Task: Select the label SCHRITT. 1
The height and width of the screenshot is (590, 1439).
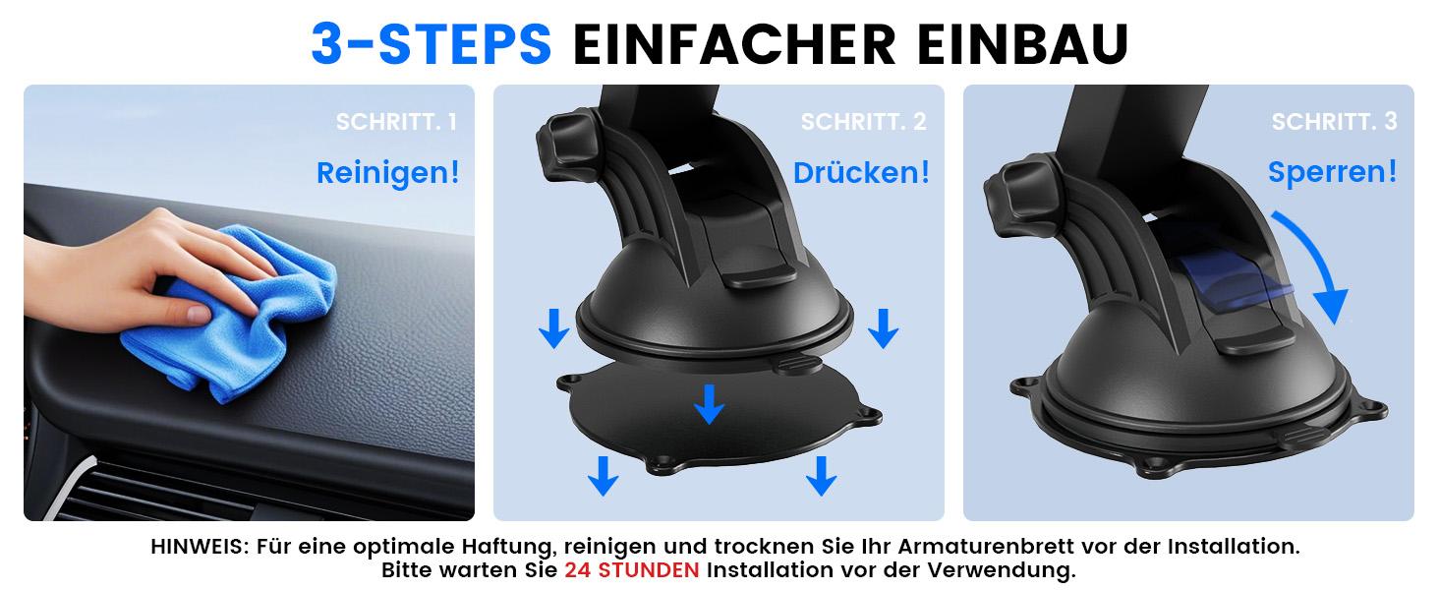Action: (x=396, y=123)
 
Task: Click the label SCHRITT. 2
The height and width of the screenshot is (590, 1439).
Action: (x=863, y=123)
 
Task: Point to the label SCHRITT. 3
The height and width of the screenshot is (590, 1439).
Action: (x=1334, y=123)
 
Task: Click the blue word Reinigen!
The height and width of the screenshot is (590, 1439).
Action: (x=387, y=173)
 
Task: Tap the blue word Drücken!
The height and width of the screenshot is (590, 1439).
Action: (x=861, y=173)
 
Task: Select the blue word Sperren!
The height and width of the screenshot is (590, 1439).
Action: (x=1332, y=173)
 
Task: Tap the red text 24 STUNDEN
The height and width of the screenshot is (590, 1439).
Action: (x=632, y=570)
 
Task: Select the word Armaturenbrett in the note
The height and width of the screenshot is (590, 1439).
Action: (x=1014, y=546)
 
